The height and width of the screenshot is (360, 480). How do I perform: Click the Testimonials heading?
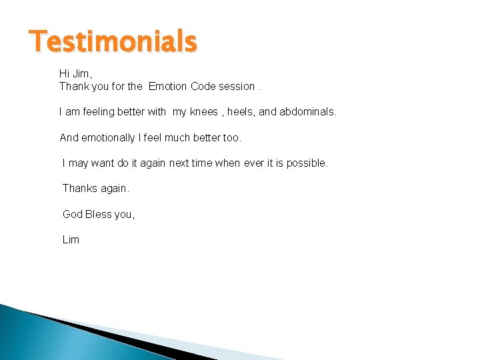pyautogui.click(x=113, y=41)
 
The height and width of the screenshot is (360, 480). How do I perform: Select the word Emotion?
pyautogui.click(x=167, y=86)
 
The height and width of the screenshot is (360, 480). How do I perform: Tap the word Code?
pyautogui.click(x=204, y=86)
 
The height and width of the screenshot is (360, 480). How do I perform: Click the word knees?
pyautogui.click(x=204, y=112)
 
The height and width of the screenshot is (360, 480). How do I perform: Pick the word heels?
pyautogui.click(x=241, y=112)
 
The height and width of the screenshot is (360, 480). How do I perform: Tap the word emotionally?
pyautogui.click(x=109, y=138)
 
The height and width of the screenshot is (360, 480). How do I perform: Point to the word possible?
pyautogui.click(x=306, y=163)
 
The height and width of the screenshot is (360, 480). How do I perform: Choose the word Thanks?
pyautogui.click(x=79, y=189)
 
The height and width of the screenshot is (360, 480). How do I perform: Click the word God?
pyautogui.click(x=73, y=214)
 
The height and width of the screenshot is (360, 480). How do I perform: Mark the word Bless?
pyautogui.click(x=99, y=214)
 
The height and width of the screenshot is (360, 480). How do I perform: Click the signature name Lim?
pyautogui.click(x=71, y=239)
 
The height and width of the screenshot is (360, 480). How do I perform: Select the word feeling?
pyautogui.click(x=99, y=112)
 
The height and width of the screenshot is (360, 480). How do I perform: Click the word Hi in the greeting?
pyautogui.click(x=65, y=73)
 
